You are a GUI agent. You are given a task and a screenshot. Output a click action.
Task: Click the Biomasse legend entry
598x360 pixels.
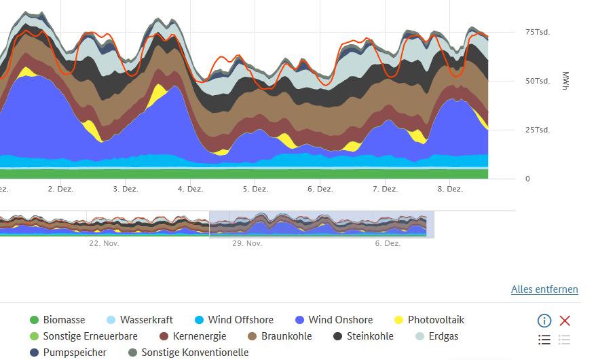(x=64, y=320)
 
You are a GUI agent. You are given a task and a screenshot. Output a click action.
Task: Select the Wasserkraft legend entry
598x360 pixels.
(x=146, y=320)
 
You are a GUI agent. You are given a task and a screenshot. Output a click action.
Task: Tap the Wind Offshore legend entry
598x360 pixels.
(x=240, y=320)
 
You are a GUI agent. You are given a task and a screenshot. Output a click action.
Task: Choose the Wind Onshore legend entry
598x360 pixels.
(x=340, y=320)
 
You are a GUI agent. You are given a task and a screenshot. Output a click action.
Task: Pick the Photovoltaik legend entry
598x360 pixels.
(x=436, y=320)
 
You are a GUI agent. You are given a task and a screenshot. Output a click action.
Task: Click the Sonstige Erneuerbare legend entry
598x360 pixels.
(x=90, y=336)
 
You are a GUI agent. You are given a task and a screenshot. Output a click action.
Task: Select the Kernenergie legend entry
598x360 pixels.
(x=198, y=336)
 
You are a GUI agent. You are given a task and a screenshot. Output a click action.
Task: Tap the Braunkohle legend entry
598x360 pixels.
(x=286, y=336)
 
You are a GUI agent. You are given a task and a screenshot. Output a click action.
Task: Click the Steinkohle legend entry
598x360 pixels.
(x=370, y=336)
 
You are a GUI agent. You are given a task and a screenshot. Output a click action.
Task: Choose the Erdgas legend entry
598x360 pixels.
(x=443, y=336)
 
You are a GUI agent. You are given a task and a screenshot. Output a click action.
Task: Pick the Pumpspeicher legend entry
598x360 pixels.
(x=75, y=353)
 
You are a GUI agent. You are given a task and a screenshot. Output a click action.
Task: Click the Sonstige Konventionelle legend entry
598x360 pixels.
(x=195, y=353)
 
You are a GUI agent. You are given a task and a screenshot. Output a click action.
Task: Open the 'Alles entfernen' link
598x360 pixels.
(x=544, y=289)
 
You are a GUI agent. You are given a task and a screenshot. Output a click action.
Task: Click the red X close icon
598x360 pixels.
(x=565, y=321)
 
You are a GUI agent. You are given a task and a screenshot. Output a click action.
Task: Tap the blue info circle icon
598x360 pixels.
(x=544, y=321)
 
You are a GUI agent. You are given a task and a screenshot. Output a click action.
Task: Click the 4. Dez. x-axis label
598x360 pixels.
(x=190, y=190)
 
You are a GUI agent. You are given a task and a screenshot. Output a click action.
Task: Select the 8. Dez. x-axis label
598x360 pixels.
(x=450, y=190)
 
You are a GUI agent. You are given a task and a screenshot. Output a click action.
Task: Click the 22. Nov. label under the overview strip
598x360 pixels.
(x=104, y=243)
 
